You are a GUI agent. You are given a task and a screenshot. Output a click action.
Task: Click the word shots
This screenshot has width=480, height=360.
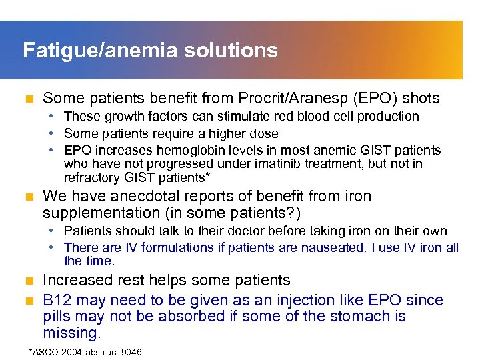click(419, 99)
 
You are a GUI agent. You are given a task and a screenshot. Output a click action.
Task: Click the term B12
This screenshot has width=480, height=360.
click(56, 300)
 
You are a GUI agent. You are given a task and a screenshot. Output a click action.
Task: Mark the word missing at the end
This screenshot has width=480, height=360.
click(69, 333)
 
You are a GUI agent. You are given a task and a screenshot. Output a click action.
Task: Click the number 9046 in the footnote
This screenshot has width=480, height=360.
click(128, 352)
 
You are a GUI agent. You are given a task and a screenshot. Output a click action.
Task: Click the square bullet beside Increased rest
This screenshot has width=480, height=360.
click(28, 281)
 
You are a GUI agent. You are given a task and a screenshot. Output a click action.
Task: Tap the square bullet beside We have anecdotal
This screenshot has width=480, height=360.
click(28, 197)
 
